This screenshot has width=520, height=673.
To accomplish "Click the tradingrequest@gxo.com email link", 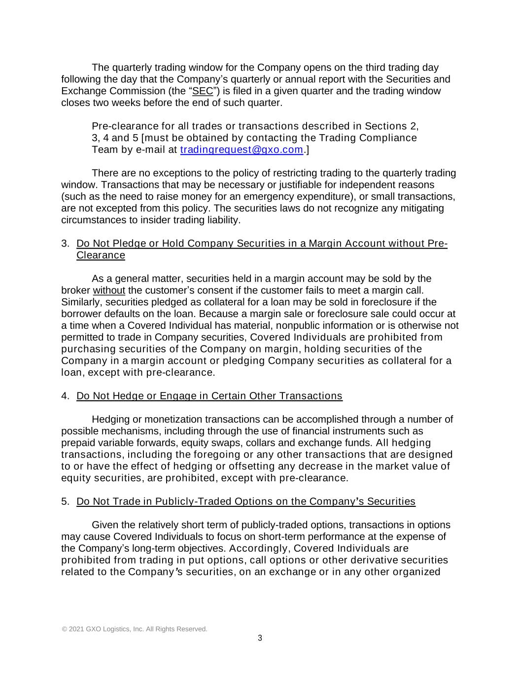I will tap(242, 150).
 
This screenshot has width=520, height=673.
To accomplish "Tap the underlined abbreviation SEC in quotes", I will tap(203, 91).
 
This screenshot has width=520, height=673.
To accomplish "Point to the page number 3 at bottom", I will tap(260, 638).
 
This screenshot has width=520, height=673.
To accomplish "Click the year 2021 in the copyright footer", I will tap(76, 629).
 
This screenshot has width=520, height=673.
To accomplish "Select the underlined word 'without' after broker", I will tap(109, 290).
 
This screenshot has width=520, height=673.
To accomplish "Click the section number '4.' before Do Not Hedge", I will tap(65, 396).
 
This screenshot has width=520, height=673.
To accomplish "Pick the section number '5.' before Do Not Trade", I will tap(65, 501).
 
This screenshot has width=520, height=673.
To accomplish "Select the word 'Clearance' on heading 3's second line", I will tap(101, 255).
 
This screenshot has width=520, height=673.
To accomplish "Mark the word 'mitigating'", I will tap(421, 208).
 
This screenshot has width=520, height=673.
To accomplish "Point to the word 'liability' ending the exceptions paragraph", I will tap(222, 220).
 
